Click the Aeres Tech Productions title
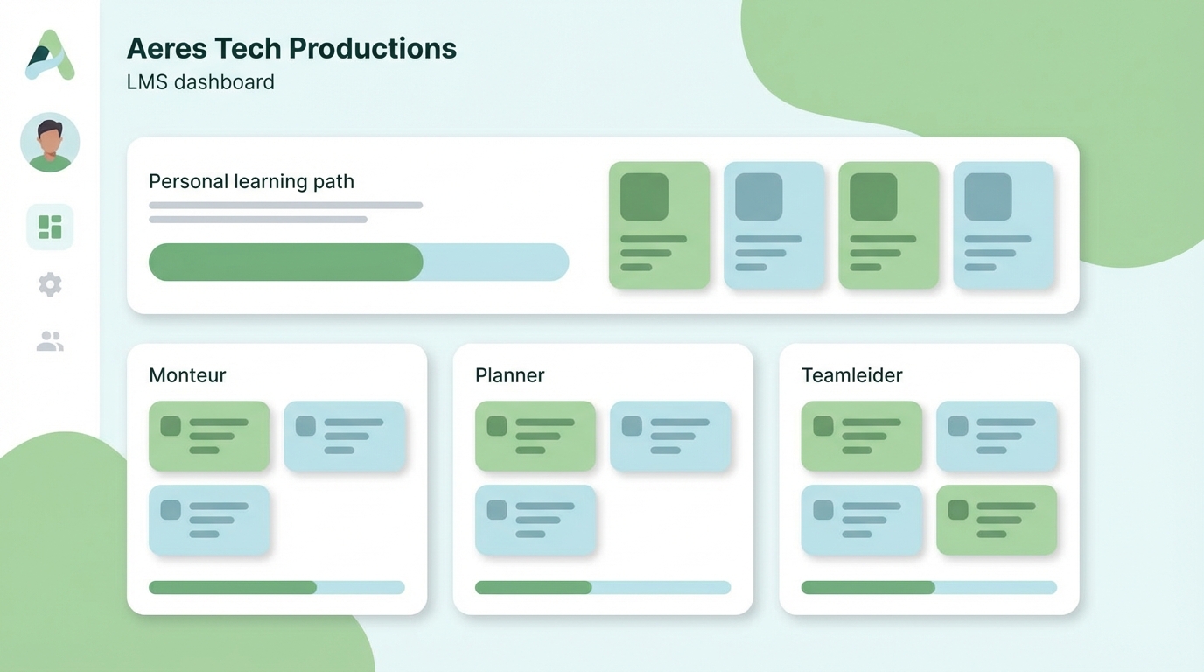(x=291, y=48)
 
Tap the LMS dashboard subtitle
(x=200, y=82)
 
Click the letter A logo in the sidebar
(x=50, y=55)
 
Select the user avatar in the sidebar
(x=50, y=142)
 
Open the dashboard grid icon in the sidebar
(x=50, y=227)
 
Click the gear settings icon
(x=50, y=284)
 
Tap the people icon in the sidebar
(x=50, y=341)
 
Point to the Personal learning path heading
(x=251, y=182)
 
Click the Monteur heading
(x=187, y=375)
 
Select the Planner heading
(x=509, y=375)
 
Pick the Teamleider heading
(x=851, y=375)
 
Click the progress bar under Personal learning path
(x=359, y=262)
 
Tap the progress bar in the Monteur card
(x=276, y=587)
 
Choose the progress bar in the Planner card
(x=603, y=587)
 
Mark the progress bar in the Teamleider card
(x=928, y=587)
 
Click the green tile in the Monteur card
(x=209, y=436)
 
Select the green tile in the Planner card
(x=535, y=436)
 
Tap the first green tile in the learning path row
(x=659, y=225)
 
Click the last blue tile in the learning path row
(x=1004, y=225)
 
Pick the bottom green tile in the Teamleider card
(x=997, y=520)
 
